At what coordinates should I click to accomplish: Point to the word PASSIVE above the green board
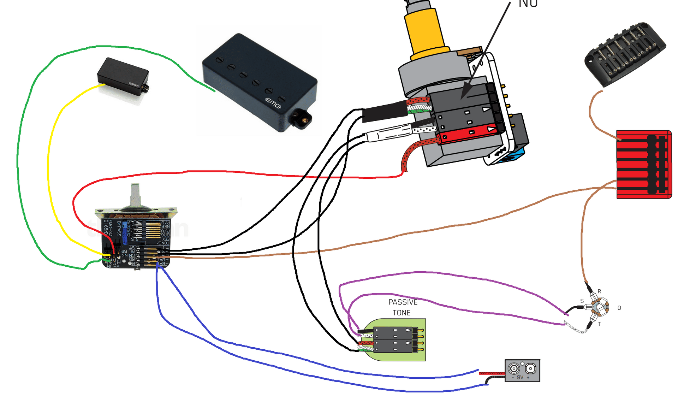coord(403,302)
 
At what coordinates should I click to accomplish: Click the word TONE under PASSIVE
coord(402,313)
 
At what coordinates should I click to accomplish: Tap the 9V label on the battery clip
coord(520,377)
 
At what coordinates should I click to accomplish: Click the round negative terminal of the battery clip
coord(513,369)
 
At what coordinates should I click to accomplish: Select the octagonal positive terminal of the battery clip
coord(530,369)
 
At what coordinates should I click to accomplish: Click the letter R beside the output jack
coord(599,291)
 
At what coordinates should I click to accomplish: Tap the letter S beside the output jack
coord(582,301)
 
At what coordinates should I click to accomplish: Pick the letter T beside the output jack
coord(599,324)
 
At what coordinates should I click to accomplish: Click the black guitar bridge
coord(625,53)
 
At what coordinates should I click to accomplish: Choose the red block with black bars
coord(644,164)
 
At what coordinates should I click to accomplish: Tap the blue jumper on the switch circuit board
coord(125,233)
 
